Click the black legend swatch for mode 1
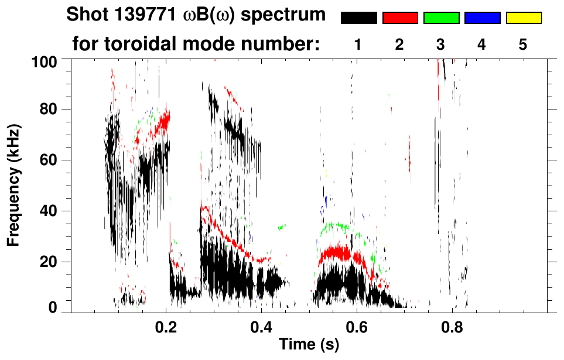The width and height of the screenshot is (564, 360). (x=358, y=18)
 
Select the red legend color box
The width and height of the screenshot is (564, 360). (x=400, y=18)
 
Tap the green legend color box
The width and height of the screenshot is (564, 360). (x=441, y=18)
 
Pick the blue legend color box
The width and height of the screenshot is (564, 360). (x=482, y=18)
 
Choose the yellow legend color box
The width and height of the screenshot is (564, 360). (x=524, y=18)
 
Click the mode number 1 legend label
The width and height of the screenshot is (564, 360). (x=358, y=45)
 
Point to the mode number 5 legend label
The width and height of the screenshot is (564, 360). (x=523, y=45)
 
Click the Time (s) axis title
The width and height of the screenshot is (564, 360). (x=309, y=345)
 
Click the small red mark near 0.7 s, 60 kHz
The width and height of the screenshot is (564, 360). (x=409, y=159)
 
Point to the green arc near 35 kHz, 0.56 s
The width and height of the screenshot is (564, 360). (x=333, y=225)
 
